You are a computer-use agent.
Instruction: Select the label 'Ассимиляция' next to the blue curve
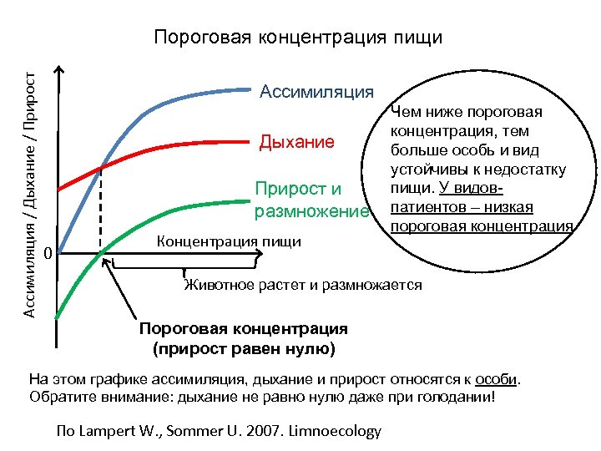pyautogui.click(x=316, y=91)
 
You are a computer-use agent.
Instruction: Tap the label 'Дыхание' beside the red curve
pyautogui.click(x=297, y=142)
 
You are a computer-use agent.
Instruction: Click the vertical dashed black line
pyautogui.click(x=101, y=209)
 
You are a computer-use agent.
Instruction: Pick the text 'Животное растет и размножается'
pyautogui.click(x=303, y=286)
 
